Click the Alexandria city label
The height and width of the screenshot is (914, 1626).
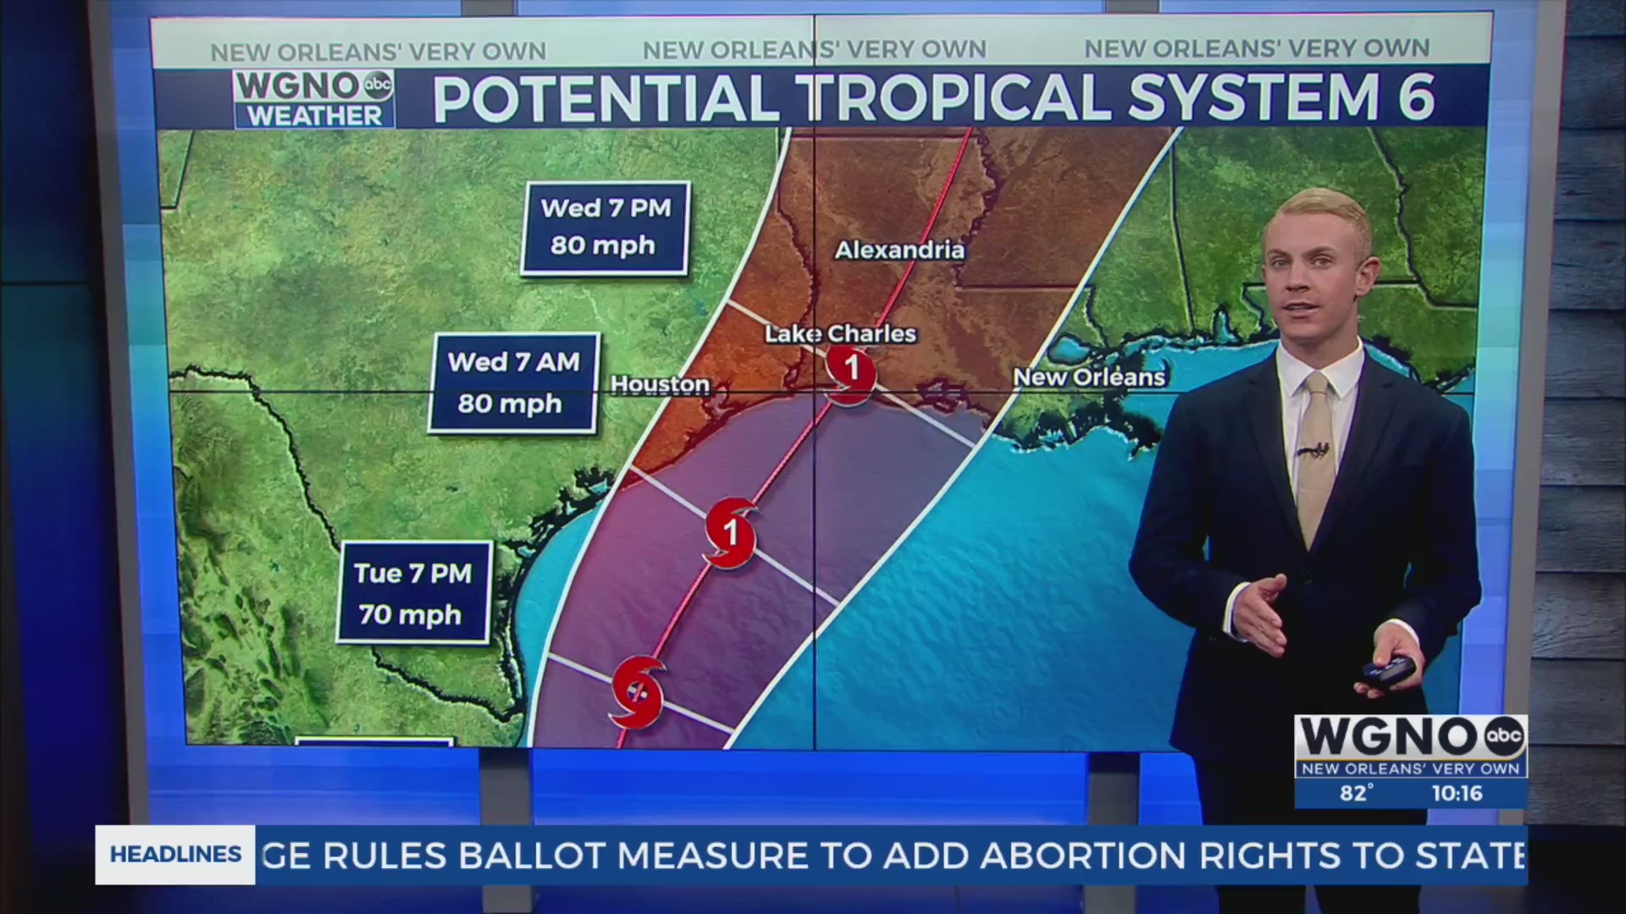[x=899, y=250]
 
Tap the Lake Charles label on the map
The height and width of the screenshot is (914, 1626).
[x=840, y=333]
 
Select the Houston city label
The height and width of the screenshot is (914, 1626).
[x=660, y=384]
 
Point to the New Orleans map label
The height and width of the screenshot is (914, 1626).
[x=1089, y=377]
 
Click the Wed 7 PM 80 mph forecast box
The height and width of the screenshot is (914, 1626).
[x=605, y=228]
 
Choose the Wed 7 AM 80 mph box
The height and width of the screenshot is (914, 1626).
[x=513, y=383]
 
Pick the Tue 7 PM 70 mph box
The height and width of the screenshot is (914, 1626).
[x=413, y=593]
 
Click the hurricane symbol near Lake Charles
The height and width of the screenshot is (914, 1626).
[x=850, y=372]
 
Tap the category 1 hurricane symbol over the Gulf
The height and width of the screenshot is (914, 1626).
[x=730, y=533]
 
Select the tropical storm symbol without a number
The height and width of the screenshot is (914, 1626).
[x=638, y=691]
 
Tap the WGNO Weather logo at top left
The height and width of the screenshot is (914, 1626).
[x=313, y=99]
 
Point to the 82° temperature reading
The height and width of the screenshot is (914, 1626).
[x=1356, y=793]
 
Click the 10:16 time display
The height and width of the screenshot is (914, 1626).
[x=1457, y=793]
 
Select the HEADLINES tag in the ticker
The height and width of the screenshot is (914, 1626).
[x=175, y=855]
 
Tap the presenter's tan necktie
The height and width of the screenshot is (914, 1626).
[x=1315, y=457]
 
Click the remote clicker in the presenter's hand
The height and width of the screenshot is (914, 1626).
[x=1389, y=671]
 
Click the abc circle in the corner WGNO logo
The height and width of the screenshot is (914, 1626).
[x=1504, y=735]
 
